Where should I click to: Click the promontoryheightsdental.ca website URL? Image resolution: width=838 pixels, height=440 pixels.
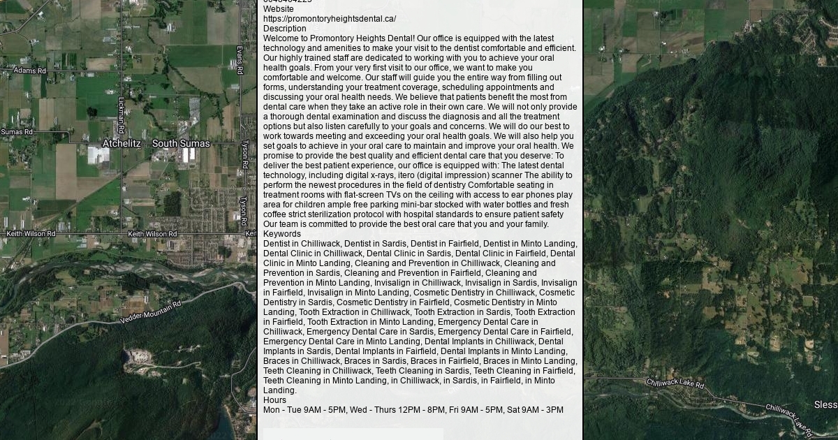click(x=330, y=19)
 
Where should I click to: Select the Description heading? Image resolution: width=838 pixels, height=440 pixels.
click(x=284, y=29)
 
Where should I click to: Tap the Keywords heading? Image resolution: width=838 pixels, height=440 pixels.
click(x=282, y=234)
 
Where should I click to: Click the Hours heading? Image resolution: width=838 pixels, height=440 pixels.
click(x=274, y=400)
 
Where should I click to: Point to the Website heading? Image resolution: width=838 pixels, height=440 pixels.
click(x=279, y=9)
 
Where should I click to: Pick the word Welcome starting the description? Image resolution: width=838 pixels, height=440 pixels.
click(x=281, y=38)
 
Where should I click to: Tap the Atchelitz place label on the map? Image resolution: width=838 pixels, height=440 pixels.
click(x=122, y=144)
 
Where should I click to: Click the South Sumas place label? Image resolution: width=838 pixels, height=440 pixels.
click(x=181, y=144)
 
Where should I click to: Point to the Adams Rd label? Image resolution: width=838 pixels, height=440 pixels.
click(x=30, y=71)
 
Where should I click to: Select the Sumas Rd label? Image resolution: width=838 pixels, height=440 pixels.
click(x=17, y=131)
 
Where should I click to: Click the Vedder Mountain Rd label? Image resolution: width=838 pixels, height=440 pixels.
click(x=150, y=312)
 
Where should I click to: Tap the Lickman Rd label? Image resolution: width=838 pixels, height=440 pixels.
click(x=122, y=115)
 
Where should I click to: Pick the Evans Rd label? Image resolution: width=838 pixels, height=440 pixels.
click(x=240, y=60)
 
